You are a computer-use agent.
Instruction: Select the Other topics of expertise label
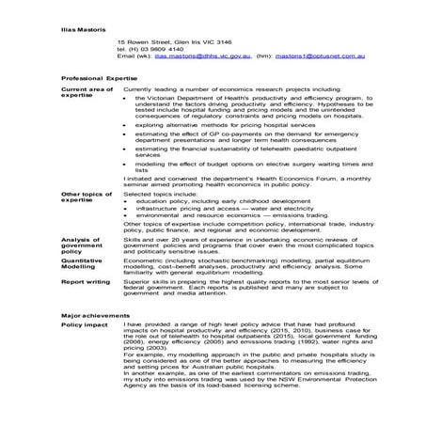(86, 196)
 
